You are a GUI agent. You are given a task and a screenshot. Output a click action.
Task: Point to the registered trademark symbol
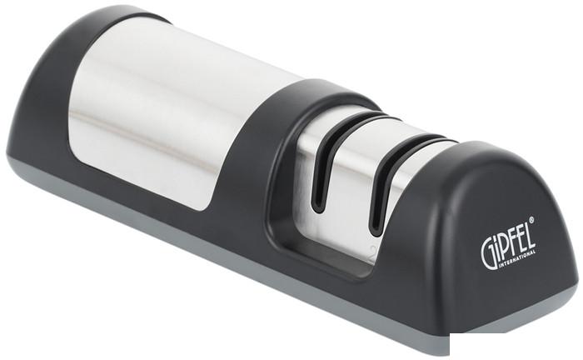[531, 220]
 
